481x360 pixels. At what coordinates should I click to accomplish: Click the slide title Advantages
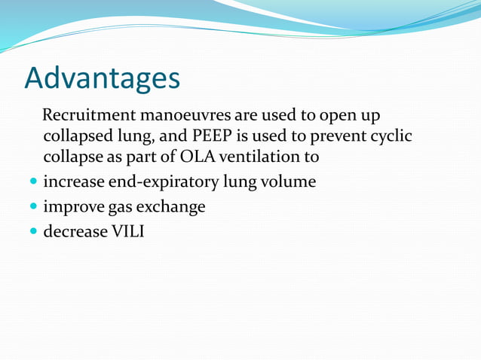[103, 78]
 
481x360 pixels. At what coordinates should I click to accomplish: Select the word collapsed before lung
[79, 137]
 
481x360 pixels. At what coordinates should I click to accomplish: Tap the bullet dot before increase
[32, 182]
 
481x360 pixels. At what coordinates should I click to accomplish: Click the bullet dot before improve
[32, 207]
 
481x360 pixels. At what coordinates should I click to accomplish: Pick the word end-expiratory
[161, 182]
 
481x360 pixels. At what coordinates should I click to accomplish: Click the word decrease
[75, 231]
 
